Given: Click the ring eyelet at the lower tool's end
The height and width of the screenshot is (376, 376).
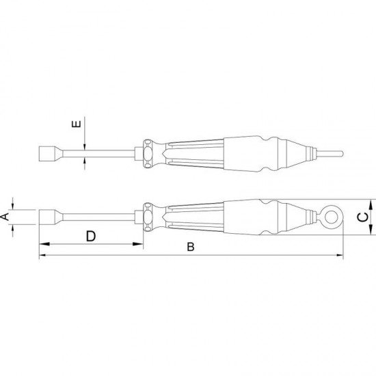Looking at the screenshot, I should (332, 217).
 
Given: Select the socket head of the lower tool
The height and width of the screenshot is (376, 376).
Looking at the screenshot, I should (49, 217).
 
